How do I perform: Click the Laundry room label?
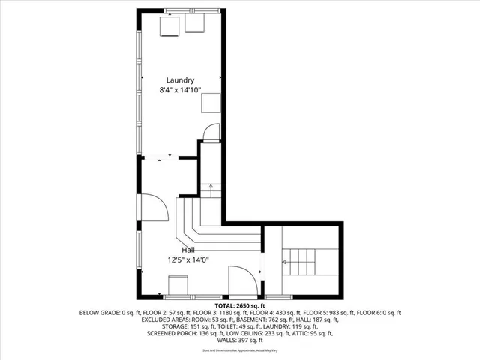[180, 80]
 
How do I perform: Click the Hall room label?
[189, 250]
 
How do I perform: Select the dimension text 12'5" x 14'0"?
[188, 260]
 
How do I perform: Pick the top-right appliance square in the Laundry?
[196, 25]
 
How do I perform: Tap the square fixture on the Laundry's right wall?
[211, 103]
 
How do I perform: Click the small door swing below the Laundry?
[211, 133]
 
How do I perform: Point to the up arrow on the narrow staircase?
[211, 187]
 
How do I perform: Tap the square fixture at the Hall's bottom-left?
[178, 286]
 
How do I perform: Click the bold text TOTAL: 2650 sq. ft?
[240, 306]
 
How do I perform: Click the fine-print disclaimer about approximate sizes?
[240, 349]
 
